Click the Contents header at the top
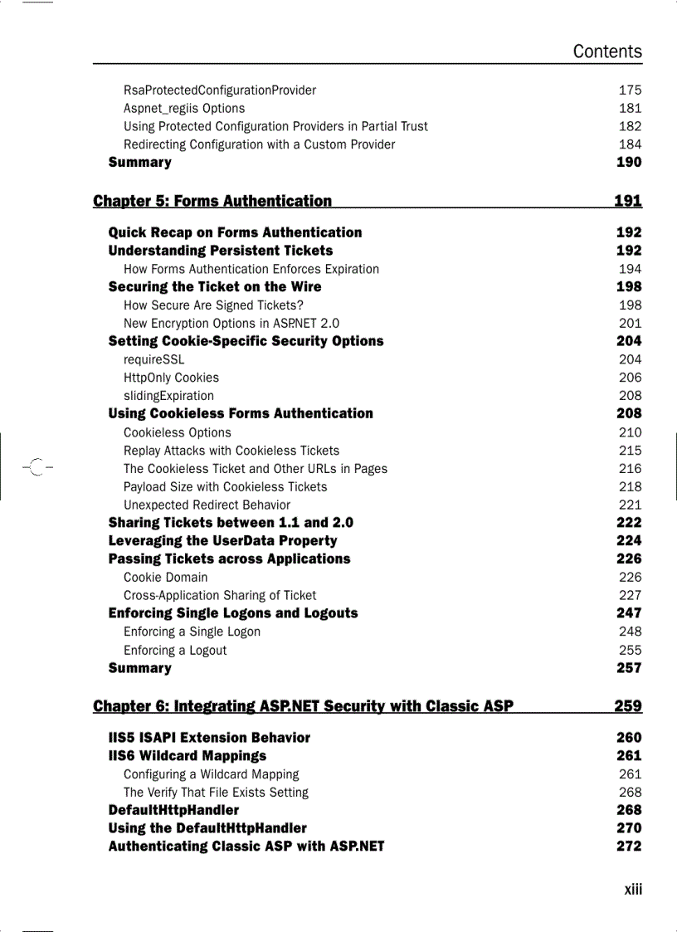(607, 51)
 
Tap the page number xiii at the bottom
(633, 890)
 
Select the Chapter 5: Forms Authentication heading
(212, 201)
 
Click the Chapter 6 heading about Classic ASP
(303, 706)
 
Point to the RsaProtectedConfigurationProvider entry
(220, 90)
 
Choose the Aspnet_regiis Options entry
(184, 108)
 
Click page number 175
(630, 90)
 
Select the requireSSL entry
(154, 359)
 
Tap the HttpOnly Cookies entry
(172, 378)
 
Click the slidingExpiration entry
(168, 396)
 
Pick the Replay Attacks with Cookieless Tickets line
(231, 451)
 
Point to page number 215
(630, 451)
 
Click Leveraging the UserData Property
(223, 541)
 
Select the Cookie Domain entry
(166, 578)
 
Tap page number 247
(629, 613)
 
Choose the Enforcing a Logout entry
(175, 651)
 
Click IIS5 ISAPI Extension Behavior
(209, 738)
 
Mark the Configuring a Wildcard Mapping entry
(212, 774)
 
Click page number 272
(629, 847)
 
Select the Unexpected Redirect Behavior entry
(207, 505)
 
